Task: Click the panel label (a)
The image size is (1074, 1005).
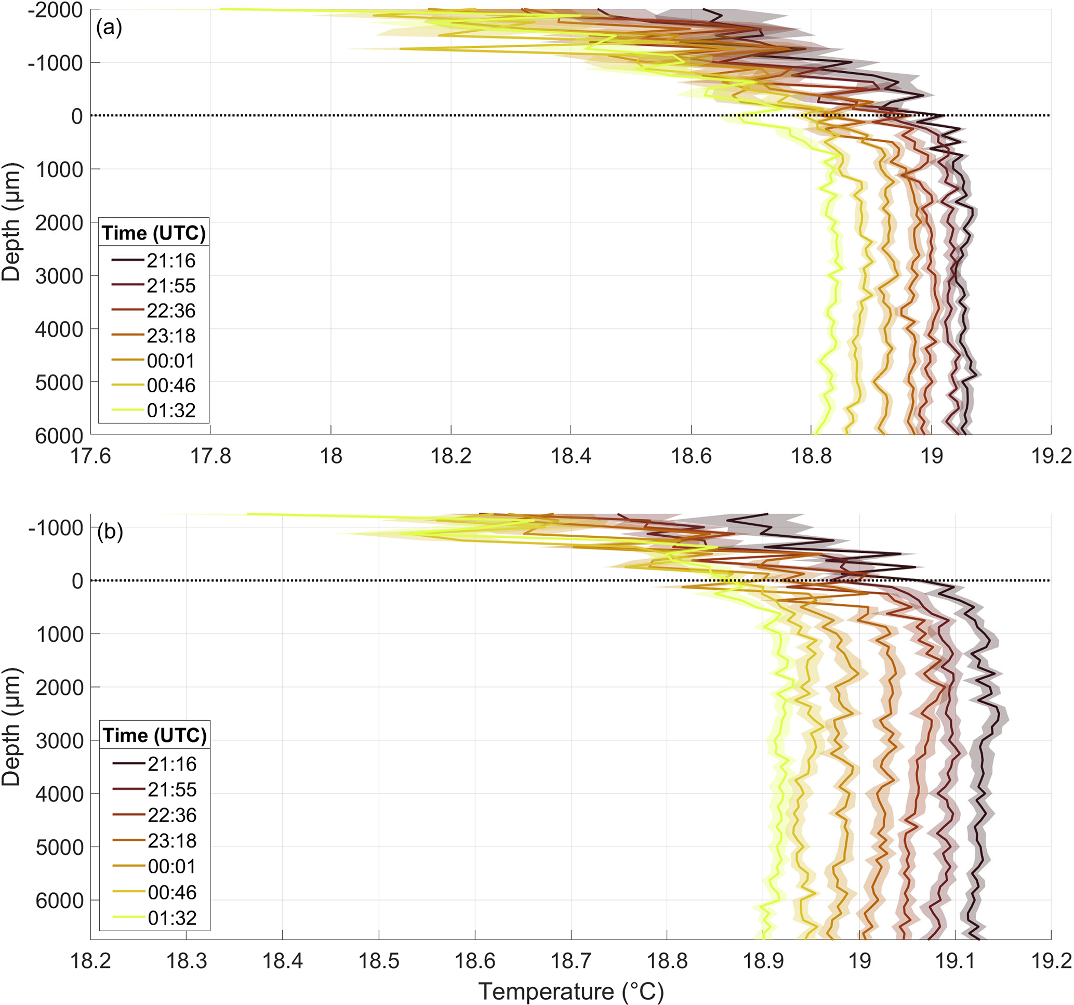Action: click(x=109, y=28)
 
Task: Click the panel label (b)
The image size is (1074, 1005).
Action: click(x=110, y=532)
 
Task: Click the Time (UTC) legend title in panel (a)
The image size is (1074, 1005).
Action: click(x=154, y=233)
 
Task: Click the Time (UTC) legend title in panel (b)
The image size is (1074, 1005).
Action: click(x=155, y=735)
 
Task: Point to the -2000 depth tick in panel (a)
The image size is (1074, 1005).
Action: click(x=56, y=10)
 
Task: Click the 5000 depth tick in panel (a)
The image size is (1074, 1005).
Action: click(x=59, y=382)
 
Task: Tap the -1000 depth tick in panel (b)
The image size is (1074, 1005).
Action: click(x=56, y=528)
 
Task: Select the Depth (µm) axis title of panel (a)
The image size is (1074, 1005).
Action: click(x=11, y=221)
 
